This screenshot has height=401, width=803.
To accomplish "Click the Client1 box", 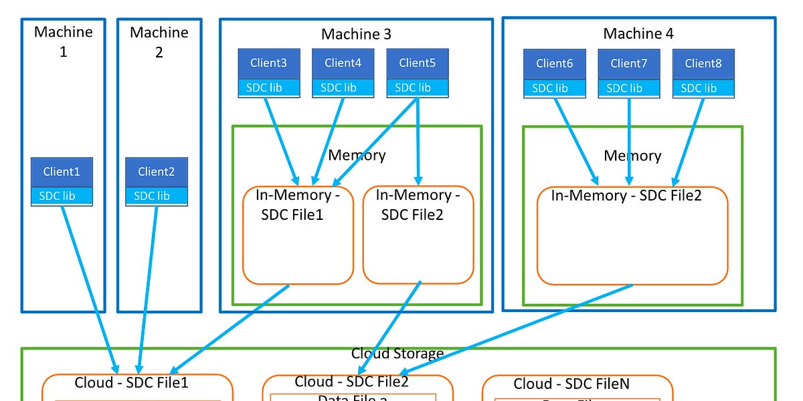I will point(62,172).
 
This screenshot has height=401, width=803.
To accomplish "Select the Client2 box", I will point(157,172).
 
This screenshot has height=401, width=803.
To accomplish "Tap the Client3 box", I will point(269,63).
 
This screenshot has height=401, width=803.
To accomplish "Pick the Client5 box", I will point(418,63).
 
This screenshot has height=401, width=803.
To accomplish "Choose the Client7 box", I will point(629,63).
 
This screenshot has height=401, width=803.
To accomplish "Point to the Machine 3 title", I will point(356,34).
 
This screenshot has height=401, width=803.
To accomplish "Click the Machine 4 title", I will point(638,33).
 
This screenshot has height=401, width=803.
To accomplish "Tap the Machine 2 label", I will point(159,41).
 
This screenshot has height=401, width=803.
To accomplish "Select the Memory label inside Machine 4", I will point(632,156).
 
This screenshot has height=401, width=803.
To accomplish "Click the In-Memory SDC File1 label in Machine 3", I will point(293,205).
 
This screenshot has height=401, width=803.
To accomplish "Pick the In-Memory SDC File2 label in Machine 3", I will point(418,205).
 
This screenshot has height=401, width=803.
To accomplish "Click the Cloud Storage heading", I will point(397,354).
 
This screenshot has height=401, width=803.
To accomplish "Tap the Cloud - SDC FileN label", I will point(571,384).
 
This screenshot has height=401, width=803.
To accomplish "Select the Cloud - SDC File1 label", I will point(131,383).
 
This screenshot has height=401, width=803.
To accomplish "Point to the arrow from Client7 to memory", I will point(629,140).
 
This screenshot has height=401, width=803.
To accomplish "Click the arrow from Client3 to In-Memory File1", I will point(281,140).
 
